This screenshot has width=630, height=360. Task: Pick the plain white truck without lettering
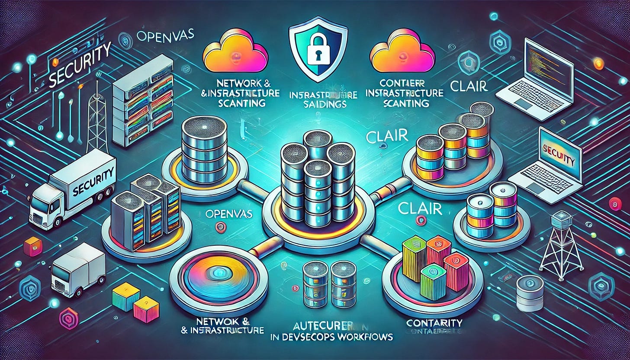tap(78, 271)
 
